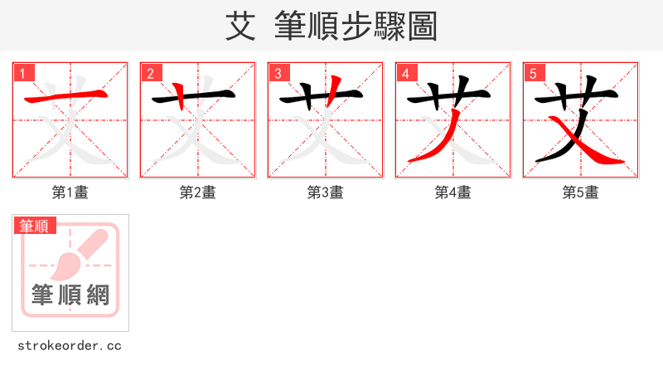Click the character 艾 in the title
tap(240, 26)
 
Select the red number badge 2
tap(151, 73)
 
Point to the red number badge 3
tap(278, 73)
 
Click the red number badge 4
tap(406, 73)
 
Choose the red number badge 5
tap(534, 73)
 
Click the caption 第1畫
tap(70, 192)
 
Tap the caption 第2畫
tap(197, 192)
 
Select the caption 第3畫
tap(325, 192)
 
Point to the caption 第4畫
tap(452, 192)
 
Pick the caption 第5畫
tap(580, 192)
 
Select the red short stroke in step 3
tap(335, 88)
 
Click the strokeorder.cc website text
tap(70, 345)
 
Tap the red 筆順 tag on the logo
tap(34, 226)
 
